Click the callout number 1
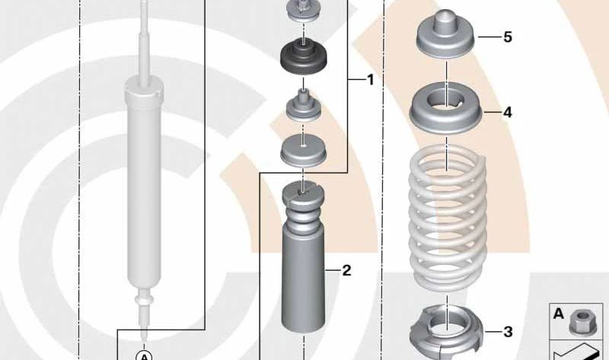pyautogui.click(x=370, y=80)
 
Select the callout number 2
pyautogui.click(x=346, y=270)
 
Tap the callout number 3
pyautogui.click(x=508, y=332)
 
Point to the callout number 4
pyautogui.click(x=507, y=112)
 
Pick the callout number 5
pyautogui.click(x=508, y=37)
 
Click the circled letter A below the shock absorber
pyautogui.click(x=144, y=355)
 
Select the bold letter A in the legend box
pyautogui.click(x=558, y=314)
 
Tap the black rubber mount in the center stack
pyautogui.click(x=304, y=58)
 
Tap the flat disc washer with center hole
pyautogui.click(x=303, y=151)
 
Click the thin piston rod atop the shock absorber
pyautogui.click(x=144, y=43)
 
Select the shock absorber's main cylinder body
pyautogui.click(x=144, y=186)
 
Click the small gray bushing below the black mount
pyautogui.click(x=303, y=105)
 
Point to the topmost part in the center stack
pyautogui.click(x=303, y=10)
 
